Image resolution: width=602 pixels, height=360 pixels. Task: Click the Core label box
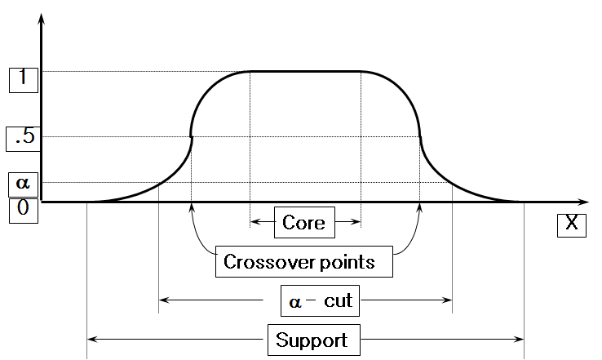click(x=303, y=222)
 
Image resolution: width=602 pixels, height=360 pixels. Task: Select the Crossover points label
click(x=299, y=262)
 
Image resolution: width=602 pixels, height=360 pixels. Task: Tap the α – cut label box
click(x=321, y=300)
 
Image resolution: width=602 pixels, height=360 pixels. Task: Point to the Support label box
click(x=312, y=340)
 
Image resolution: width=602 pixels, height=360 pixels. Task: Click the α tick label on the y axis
click(x=22, y=183)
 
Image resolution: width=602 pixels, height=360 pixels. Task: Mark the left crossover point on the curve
click(x=192, y=136)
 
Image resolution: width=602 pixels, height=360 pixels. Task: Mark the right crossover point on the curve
click(x=419, y=136)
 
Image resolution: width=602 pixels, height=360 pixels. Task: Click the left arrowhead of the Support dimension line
click(x=91, y=338)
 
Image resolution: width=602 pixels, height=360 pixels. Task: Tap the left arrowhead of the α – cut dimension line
click(x=162, y=300)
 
